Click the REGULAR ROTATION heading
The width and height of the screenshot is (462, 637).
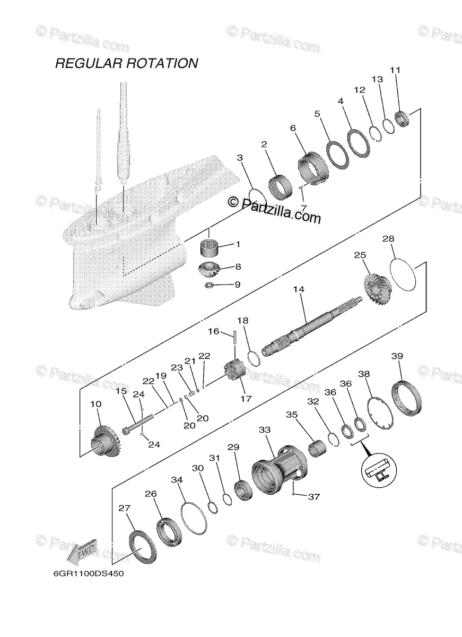point(127,64)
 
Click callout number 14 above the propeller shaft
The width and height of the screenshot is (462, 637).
point(299,290)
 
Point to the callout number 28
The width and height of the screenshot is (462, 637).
point(388,239)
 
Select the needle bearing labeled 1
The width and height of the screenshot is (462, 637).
point(212,247)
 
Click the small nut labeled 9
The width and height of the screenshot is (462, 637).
point(210,286)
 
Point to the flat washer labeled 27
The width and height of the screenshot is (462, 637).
point(143,545)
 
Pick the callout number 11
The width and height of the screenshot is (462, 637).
point(396,70)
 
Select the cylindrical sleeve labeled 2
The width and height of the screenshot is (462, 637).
point(282,185)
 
